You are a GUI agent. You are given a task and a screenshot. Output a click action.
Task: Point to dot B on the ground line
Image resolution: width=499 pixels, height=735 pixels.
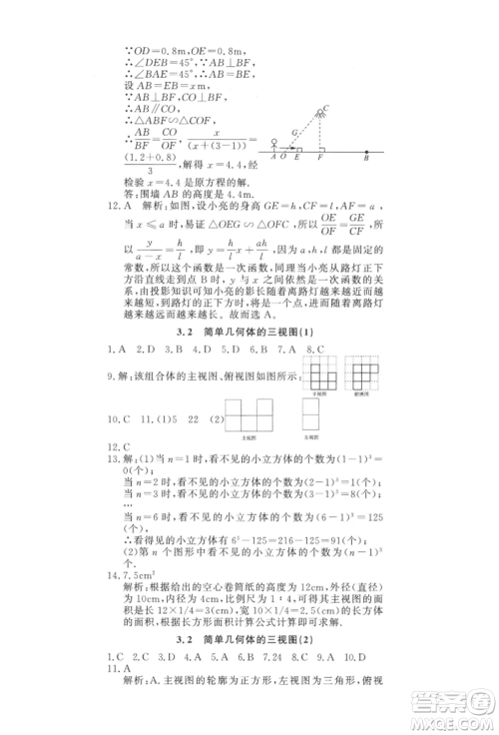[366, 155]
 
